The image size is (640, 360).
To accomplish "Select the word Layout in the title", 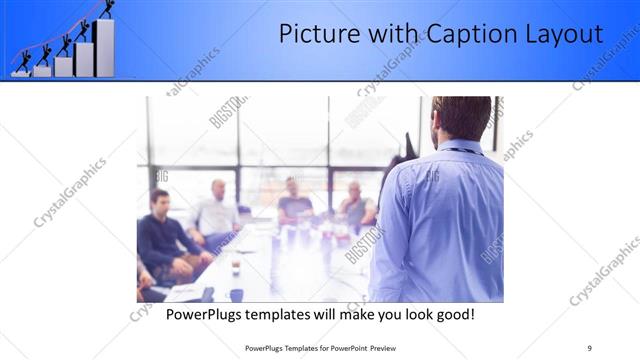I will [563, 35].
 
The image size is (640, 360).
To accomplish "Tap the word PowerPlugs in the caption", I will [205, 315].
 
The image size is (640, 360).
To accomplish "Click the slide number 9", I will [589, 347].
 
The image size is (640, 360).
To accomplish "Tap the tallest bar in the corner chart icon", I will [104, 47].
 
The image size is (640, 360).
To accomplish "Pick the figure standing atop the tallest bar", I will [106, 9].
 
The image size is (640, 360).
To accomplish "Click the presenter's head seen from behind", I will [462, 118].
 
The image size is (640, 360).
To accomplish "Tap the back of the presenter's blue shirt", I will [440, 225].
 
